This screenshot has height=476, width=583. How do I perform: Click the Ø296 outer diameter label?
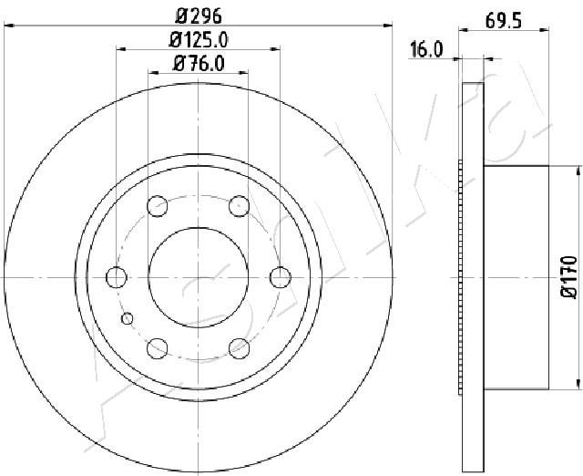click(199, 16)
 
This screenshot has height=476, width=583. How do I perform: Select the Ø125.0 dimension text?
click(199, 40)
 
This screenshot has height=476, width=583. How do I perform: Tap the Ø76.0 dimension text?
click(199, 64)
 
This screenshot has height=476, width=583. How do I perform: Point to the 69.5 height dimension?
click(504, 22)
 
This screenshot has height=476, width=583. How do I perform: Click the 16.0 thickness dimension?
click(426, 50)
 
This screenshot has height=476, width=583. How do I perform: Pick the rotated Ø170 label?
click(568, 276)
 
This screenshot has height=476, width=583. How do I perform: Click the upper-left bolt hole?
click(158, 206)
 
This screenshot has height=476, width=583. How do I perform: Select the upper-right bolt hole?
click(239, 206)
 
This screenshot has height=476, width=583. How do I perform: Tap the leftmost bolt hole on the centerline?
click(117, 277)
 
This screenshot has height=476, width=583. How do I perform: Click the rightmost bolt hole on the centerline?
click(280, 277)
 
